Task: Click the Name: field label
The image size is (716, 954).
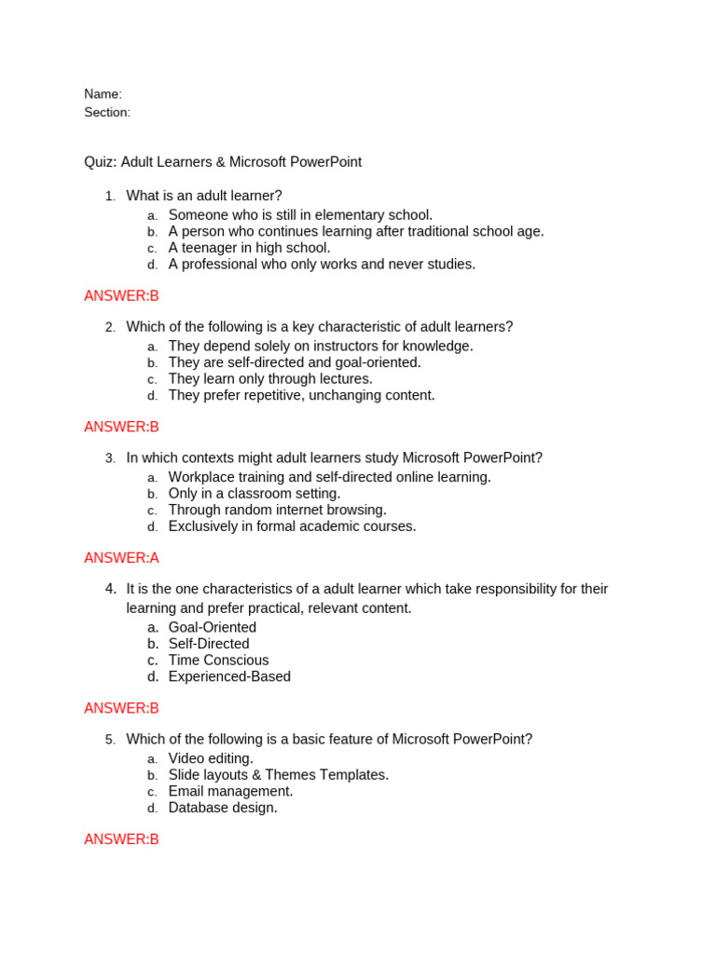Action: point(103,94)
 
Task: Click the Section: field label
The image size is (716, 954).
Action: point(107,113)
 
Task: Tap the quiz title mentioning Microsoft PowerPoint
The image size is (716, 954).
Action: point(223,162)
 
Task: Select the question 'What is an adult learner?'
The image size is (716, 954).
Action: point(204,196)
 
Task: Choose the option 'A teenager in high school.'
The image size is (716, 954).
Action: point(249,248)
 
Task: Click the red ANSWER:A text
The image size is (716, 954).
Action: point(121,558)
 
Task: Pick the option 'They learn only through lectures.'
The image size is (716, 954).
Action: point(270,379)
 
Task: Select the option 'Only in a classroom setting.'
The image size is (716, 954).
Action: point(255,494)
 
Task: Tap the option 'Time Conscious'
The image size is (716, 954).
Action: point(218,661)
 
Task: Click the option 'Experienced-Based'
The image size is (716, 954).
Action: point(229,677)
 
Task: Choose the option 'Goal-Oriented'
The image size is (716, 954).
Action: point(212,628)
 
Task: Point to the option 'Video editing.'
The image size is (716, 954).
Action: point(211,758)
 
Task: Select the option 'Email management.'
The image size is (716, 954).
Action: point(230,792)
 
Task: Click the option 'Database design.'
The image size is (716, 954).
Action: point(223,808)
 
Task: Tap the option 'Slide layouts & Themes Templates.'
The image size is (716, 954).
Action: point(279,775)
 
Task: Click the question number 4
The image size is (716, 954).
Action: point(111,589)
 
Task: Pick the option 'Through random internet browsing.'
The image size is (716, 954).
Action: point(277,511)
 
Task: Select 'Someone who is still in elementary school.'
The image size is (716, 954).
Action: point(300,215)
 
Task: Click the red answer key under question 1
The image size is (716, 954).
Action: point(121,296)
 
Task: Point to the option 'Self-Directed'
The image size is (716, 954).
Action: point(209,644)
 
